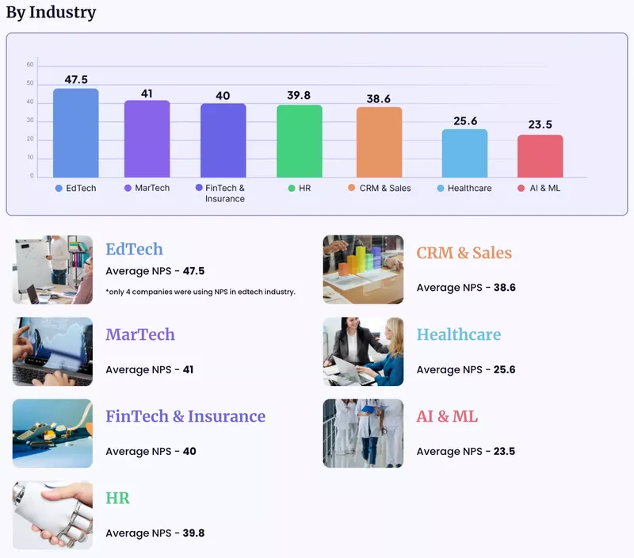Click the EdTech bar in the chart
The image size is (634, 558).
76,133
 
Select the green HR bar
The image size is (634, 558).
300,141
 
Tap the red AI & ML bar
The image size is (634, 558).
540,156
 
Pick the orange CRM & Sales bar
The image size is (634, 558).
380,143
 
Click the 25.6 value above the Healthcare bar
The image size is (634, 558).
465,121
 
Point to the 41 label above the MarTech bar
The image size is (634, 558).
147,94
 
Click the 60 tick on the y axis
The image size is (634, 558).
30,64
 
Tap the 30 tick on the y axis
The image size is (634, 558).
30,120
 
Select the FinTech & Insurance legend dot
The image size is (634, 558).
199,189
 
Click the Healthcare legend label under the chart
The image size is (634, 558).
469,189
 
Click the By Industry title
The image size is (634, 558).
51,13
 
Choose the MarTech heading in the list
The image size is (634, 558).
140,334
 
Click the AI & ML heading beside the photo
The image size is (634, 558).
447,416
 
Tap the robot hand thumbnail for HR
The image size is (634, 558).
52,515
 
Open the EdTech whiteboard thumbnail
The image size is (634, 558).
52,269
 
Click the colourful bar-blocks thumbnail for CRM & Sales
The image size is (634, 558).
363,269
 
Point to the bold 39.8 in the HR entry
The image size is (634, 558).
193,533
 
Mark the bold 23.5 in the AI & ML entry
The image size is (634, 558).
504,452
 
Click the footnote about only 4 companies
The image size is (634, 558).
201,292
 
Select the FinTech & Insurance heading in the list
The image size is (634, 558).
185,416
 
